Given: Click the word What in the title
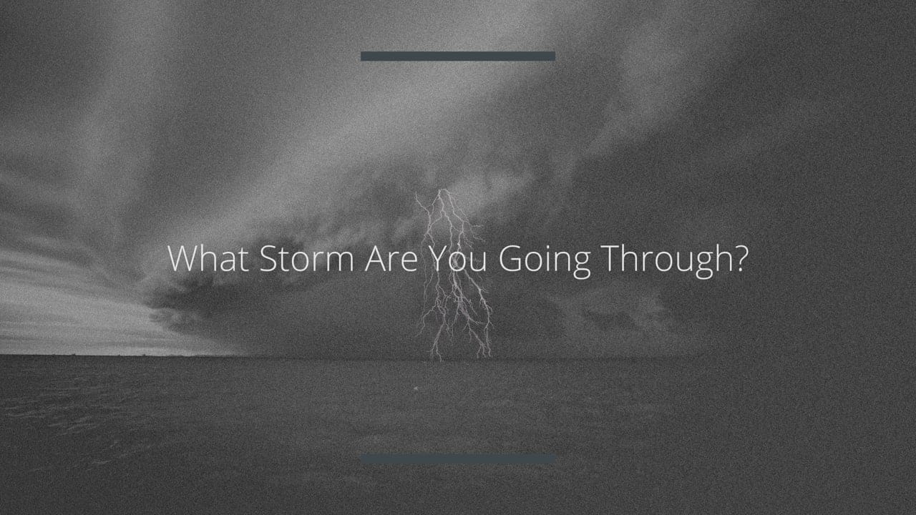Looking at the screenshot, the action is tap(208, 258).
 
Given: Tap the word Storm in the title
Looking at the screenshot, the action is tap(307, 258).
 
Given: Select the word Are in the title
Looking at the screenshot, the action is tap(391, 258).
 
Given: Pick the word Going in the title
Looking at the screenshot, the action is tap(545, 262).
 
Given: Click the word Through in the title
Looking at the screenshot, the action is tap(662, 262).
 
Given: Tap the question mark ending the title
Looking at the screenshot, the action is tap(738, 258).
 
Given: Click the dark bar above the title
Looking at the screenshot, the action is tap(458, 56).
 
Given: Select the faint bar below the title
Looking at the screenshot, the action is tap(458, 459).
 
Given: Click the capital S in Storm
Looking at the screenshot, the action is tap(268, 258).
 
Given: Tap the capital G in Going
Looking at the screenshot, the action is tap(510, 258).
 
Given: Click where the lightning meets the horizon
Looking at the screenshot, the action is tap(436, 358).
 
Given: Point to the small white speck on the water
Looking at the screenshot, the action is tap(416, 388).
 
